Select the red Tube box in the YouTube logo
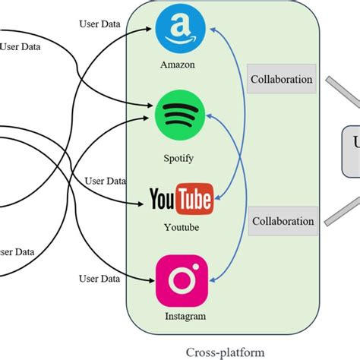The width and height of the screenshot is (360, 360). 194,201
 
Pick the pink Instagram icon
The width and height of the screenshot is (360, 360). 182,281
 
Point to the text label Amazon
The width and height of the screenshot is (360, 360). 177,65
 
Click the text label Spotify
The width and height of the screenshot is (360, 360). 178,158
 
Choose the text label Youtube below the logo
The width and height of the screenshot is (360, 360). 182,227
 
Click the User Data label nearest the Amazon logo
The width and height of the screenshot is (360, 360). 99,23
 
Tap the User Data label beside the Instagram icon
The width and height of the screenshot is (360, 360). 99,279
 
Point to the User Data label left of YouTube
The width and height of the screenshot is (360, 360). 105,182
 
